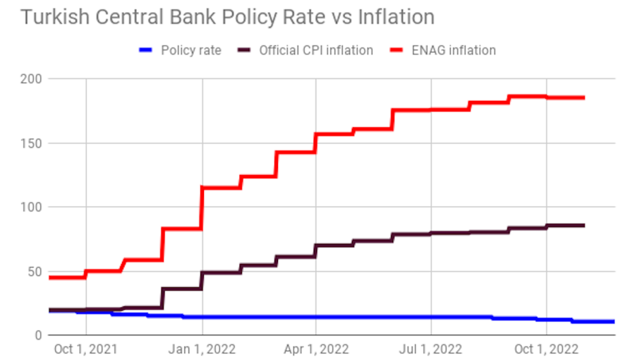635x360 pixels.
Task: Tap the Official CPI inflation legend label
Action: (x=316, y=50)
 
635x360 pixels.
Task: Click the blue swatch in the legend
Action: (x=146, y=50)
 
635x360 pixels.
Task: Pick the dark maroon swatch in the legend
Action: (x=245, y=50)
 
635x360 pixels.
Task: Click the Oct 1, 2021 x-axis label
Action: (x=86, y=349)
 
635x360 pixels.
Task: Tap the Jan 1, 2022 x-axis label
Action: (x=202, y=349)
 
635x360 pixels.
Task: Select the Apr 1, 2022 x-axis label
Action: (x=316, y=349)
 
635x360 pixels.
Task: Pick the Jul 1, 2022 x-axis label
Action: (x=430, y=349)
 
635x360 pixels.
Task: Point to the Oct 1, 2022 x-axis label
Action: (x=547, y=349)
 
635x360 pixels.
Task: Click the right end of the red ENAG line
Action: (x=583, y=97)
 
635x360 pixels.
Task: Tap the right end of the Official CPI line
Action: (x=583, y=225)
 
